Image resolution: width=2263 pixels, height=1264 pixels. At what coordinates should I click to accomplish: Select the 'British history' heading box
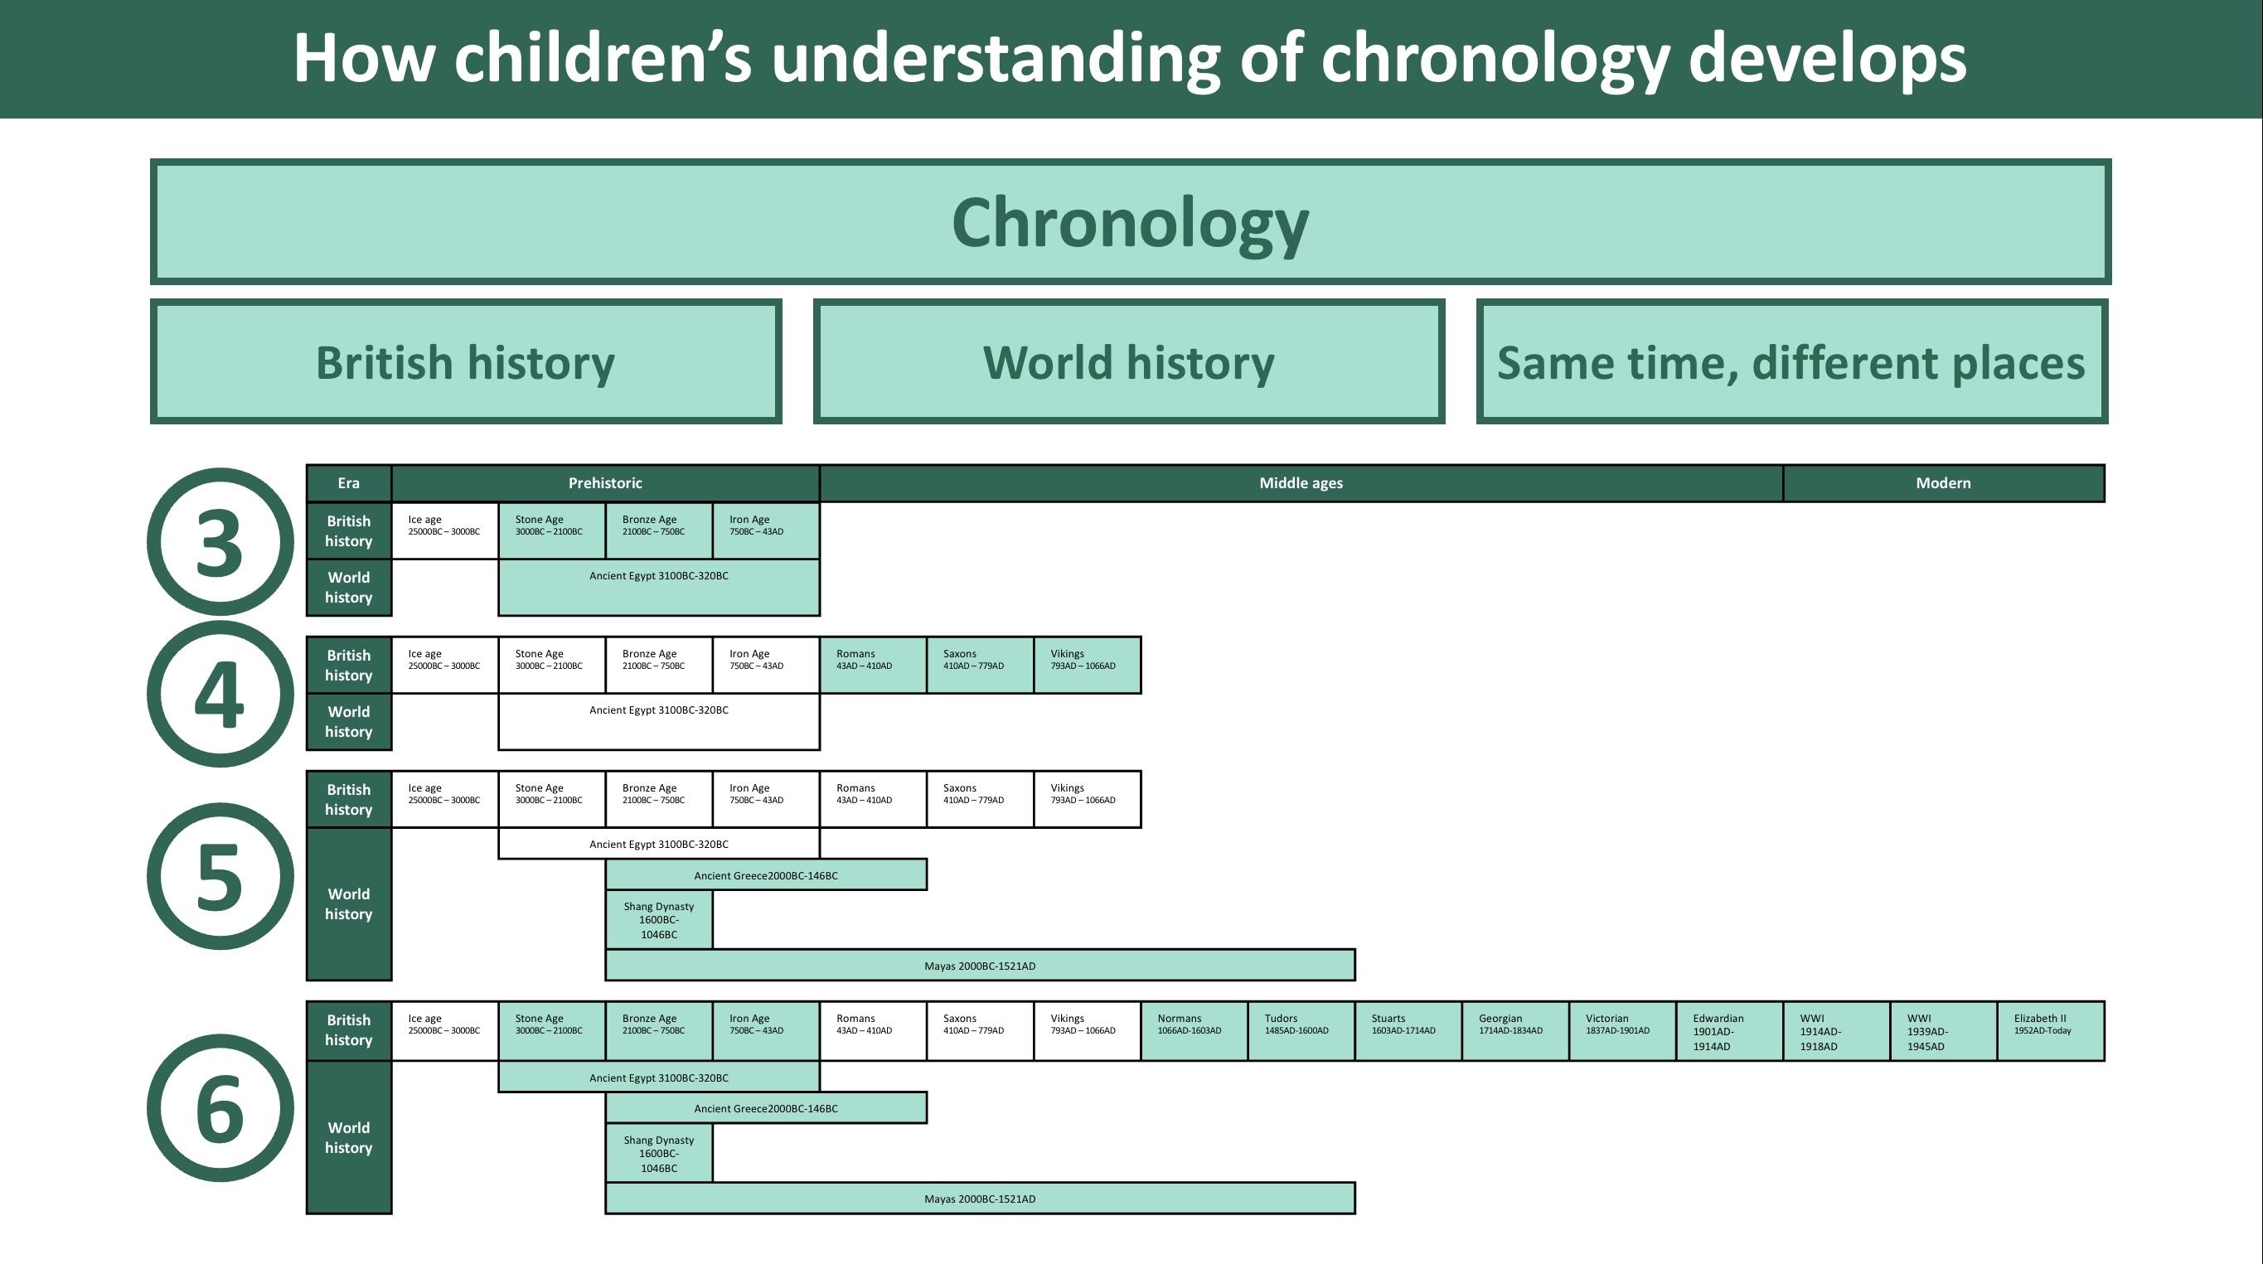tap(466, 362)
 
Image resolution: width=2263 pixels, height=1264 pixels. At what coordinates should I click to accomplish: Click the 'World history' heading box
tap(1129, 362)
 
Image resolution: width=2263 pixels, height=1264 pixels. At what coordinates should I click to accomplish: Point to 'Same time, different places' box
tap(1792, 362)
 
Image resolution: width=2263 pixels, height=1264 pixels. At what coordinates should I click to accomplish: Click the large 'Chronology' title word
tap(1131, 223)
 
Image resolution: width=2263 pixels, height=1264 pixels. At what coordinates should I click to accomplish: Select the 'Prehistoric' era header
tap(605, 483)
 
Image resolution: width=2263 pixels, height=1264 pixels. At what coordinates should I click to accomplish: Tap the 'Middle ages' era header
tap(1301, 483)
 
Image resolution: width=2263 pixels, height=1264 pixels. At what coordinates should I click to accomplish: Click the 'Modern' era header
tap(1943, 483)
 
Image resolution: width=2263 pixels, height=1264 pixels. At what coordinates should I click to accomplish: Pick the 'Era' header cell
tap(349, 483)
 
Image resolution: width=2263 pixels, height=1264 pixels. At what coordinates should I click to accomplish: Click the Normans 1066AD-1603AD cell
tap(1194, 1031)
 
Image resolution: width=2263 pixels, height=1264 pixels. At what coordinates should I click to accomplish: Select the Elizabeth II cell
tap(2052, 1031)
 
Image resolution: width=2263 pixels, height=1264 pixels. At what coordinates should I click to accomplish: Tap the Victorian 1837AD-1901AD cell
tap(1622, 1031)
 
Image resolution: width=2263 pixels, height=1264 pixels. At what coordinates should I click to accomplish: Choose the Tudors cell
tap(1301, 1031)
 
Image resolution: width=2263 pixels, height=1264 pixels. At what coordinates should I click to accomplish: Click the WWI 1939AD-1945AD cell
tap(1944, 1031)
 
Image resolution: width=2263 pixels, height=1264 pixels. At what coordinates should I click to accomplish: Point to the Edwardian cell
tap(1730, 1031)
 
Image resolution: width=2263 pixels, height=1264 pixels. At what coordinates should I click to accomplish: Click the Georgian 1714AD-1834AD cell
tap(1515, 1031)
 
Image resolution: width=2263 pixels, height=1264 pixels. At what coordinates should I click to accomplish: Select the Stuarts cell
tap(1408, 1031)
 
